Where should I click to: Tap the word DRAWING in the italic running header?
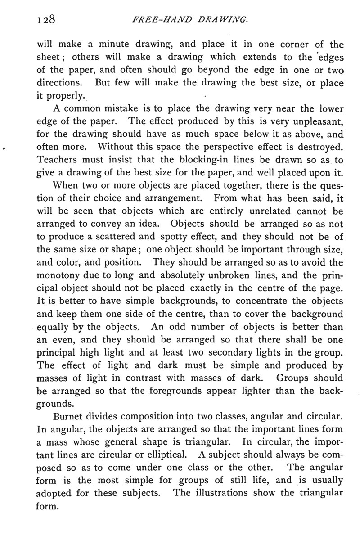pyautogui.click(x=222, y=20)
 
